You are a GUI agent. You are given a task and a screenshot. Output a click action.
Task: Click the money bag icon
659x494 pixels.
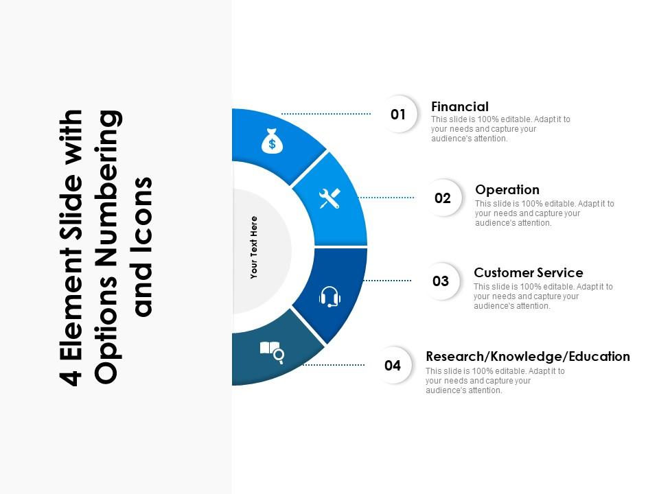click(272, 141)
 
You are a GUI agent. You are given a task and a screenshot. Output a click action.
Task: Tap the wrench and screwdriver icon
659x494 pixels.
click(330, 199)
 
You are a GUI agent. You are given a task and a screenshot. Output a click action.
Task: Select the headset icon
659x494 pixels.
click(330, 296)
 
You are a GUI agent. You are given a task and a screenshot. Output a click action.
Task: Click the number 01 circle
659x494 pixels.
click(398, 115)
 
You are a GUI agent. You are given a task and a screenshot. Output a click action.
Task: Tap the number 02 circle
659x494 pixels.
click(443, 198)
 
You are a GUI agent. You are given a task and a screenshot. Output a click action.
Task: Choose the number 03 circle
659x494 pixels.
click(441, 281)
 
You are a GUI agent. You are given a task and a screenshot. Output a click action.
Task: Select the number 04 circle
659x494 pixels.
click(393, 365)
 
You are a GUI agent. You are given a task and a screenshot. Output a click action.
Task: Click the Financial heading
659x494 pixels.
click(460, 106)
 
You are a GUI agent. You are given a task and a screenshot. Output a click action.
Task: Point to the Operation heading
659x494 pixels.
click(507, 189)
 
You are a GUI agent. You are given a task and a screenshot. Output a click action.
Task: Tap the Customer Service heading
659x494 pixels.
click(528, 272)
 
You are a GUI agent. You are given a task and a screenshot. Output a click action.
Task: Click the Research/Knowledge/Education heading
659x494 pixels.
click(528, 356)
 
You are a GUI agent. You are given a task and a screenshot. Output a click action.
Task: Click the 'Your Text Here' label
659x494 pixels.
click(254, 247)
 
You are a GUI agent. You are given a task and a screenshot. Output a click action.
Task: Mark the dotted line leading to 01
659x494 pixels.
click(325, 114)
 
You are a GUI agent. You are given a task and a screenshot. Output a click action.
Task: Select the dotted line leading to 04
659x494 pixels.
click(336, 365)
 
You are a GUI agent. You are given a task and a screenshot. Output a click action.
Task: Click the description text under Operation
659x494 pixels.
click(544, 213)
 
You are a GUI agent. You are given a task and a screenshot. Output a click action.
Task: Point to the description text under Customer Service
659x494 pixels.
click(543, 296)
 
